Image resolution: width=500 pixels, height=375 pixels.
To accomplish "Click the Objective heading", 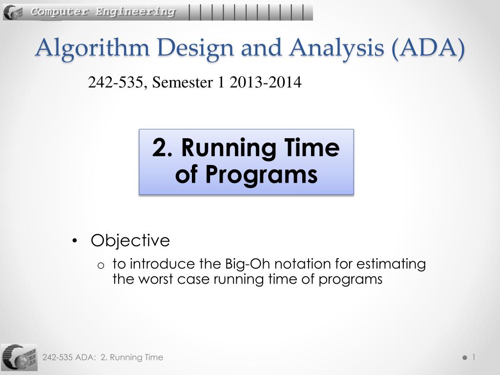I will coord(130,241).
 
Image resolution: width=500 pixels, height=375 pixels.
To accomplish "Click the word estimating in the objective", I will coord(391,264).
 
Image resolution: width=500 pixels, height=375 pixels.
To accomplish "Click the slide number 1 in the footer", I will coord(473,357).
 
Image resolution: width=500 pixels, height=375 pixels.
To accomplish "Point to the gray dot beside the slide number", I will coord(464,358).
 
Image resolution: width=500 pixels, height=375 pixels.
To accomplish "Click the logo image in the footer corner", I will coord(19,357).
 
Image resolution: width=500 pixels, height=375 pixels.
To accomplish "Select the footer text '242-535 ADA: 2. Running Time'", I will coord(103,357).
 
